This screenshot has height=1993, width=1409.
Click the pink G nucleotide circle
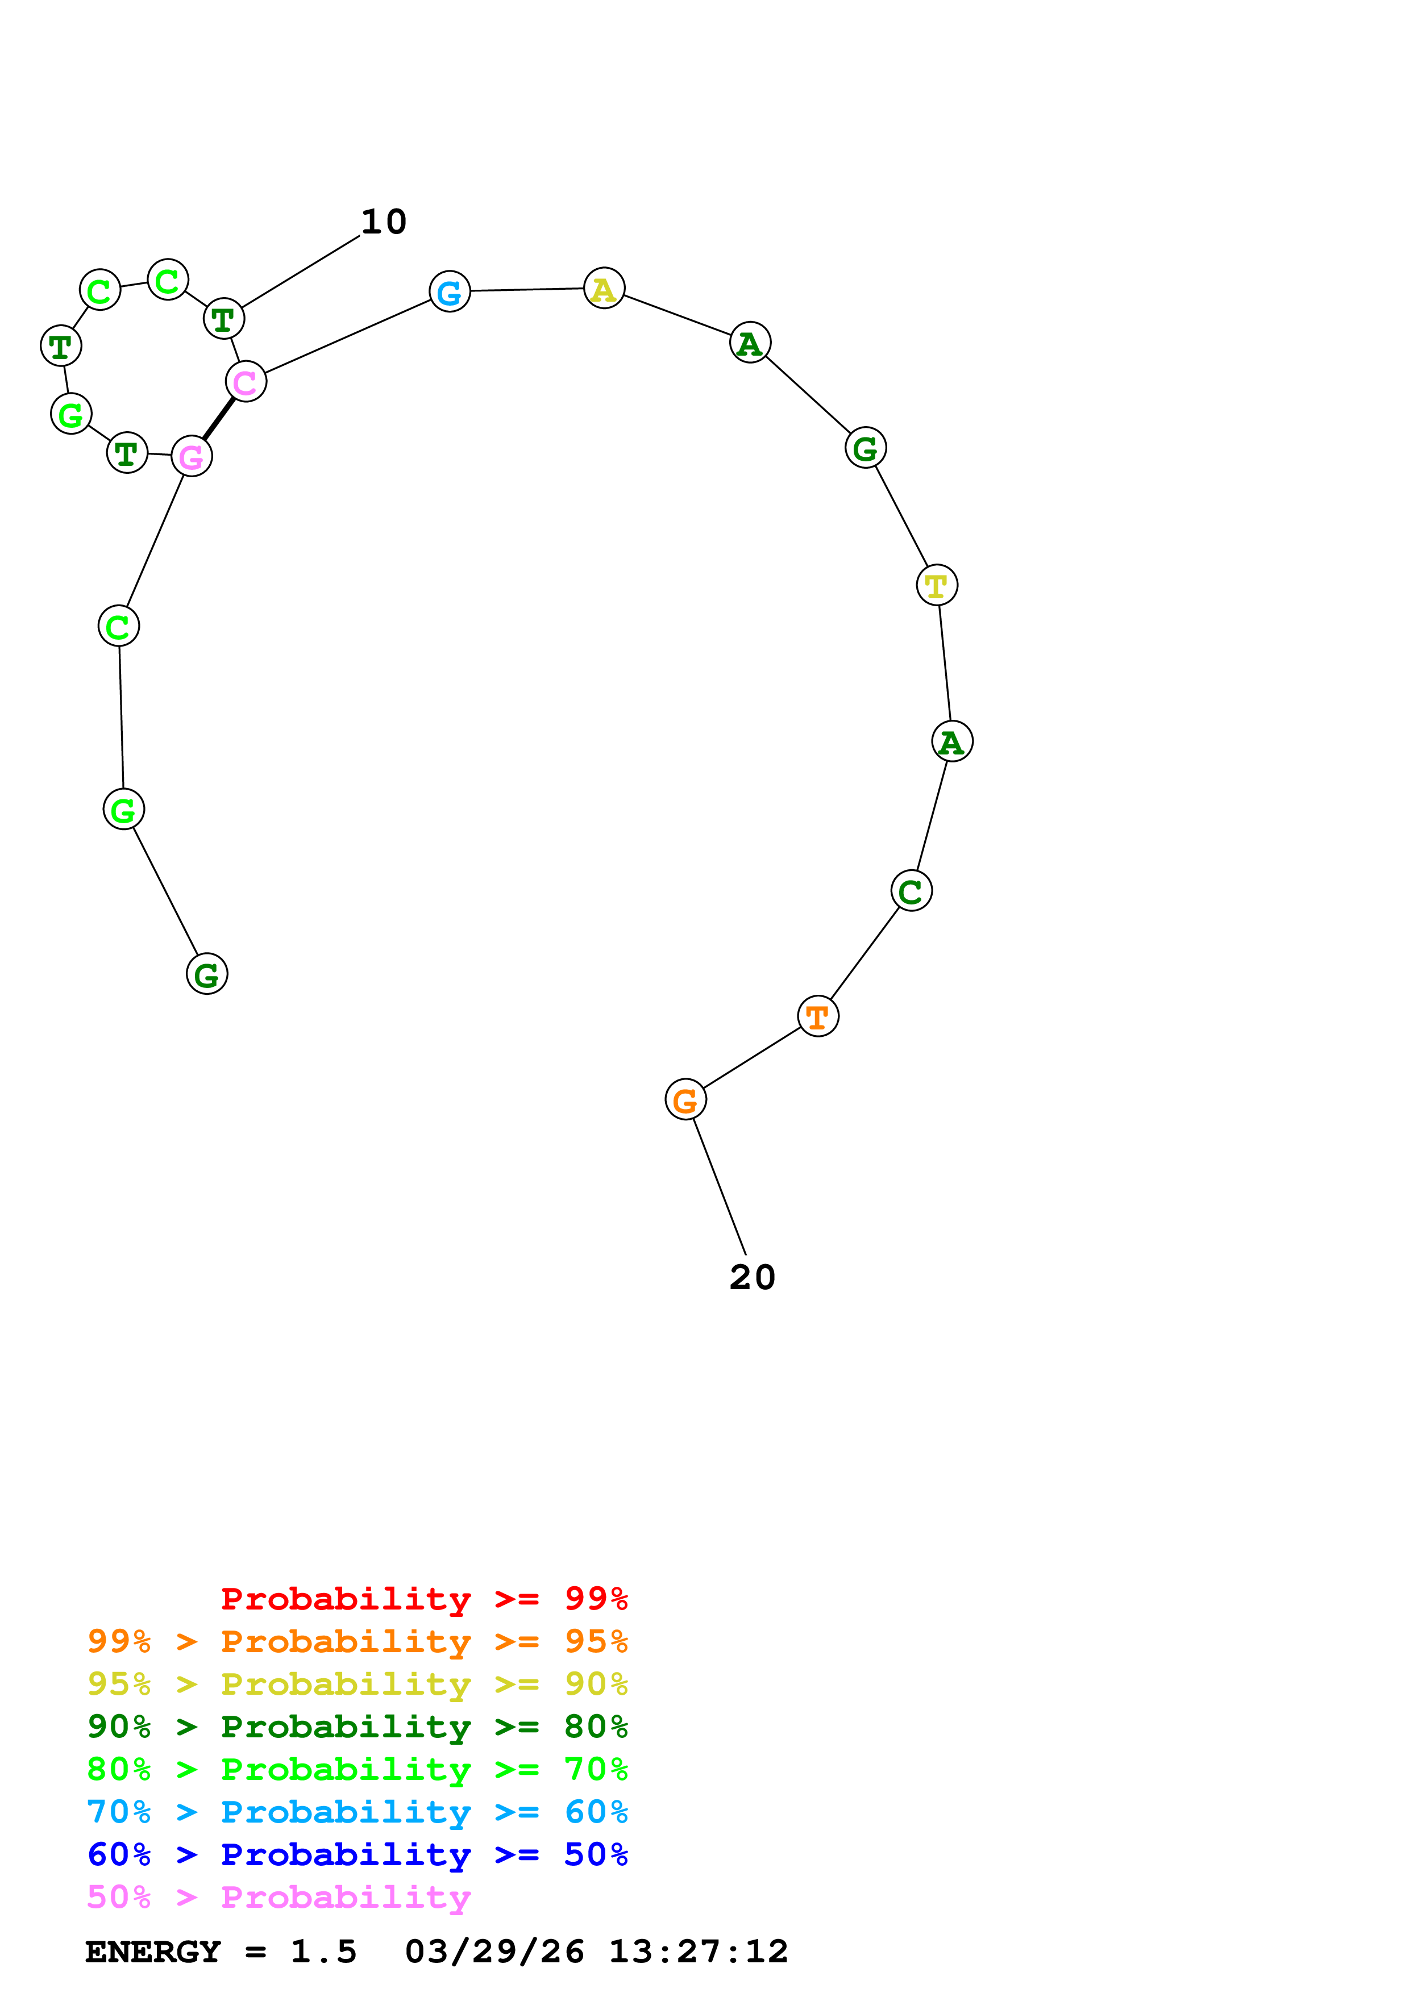(192, 456)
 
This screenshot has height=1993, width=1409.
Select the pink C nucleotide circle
(246, 381)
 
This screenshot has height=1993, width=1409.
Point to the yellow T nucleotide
(937, 585)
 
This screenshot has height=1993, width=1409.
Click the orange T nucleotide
(818, 1016)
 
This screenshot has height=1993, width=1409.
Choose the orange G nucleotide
(686, 1100)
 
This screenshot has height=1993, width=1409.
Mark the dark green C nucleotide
(912, 891)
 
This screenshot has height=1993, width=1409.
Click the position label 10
(384, 222)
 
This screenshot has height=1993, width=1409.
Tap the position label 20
(752, 1277)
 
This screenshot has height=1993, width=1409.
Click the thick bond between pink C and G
(219, 418)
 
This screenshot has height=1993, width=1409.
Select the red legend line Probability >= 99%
(423, 1598)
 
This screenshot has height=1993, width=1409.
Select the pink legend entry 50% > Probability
(279, 1896)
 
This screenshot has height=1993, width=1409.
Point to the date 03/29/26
(494, 1952)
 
